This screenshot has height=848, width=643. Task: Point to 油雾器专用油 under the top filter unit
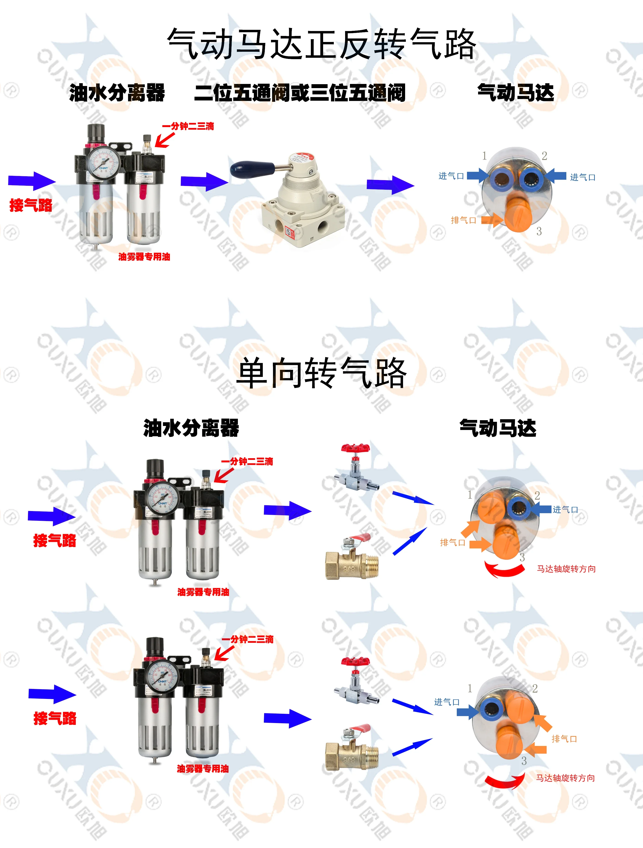tap(144, 257)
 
